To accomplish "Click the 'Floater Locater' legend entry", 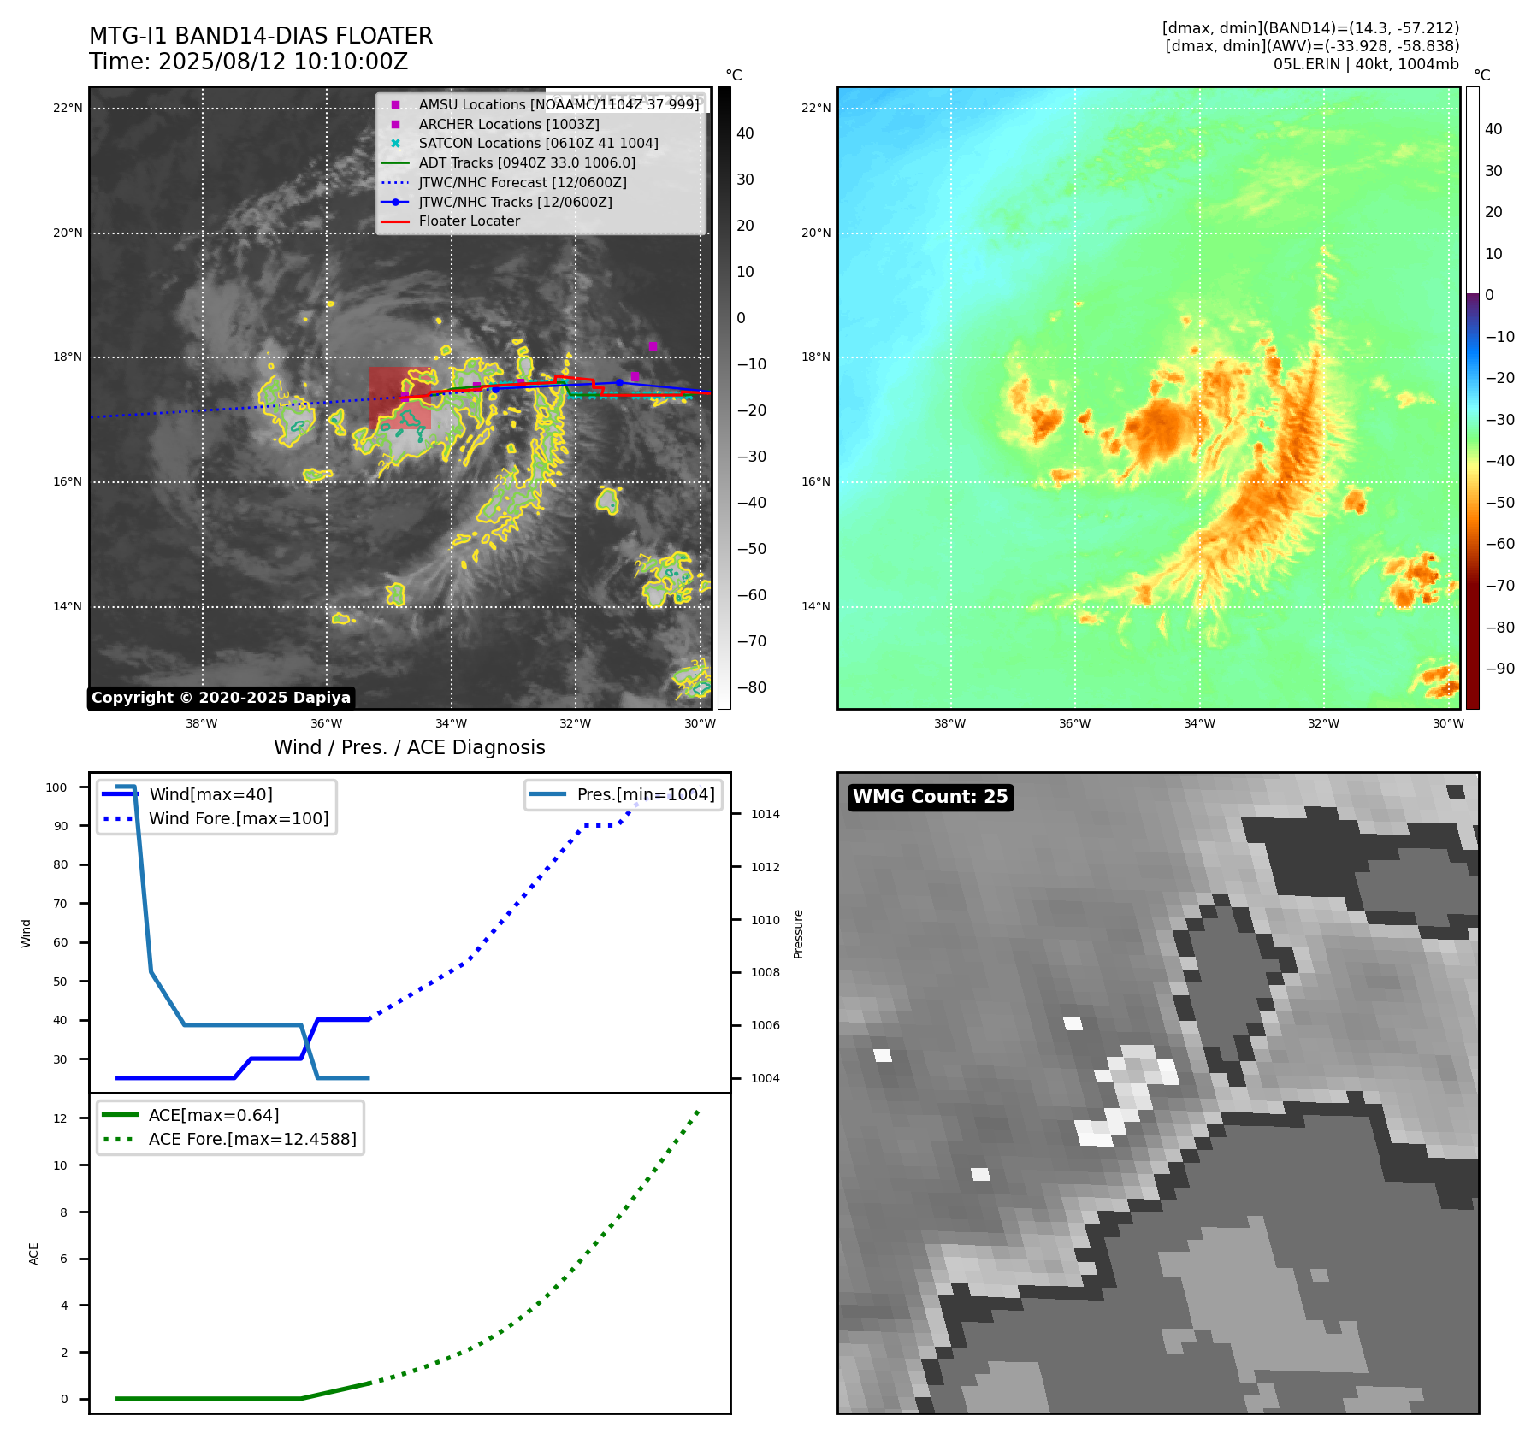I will coord(469,221).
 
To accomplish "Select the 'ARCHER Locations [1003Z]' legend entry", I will coord(508,124).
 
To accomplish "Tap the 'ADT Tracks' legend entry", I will coord(526,162).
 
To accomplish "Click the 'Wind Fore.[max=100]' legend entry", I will coord(238,818).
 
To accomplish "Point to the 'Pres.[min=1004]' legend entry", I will coord(645,794).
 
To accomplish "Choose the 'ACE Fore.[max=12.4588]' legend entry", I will coord(251,1139).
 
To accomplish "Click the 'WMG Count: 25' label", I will coord(930,797).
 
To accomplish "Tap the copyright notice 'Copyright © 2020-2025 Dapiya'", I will coord(221,698).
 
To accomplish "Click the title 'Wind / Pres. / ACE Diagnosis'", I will coord(409,747).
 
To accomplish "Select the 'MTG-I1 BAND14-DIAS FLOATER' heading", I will coord(261,36).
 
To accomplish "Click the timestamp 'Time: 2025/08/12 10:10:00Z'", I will coord(248,62).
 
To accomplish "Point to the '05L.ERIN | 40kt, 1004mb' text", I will coord(1366,64).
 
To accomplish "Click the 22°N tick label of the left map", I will coord(68,109).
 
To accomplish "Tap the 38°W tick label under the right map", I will coord(949,723).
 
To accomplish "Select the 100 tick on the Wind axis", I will coord(56,787).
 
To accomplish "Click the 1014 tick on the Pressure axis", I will coord(765,814).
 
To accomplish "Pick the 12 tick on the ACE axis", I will coord(60,1118).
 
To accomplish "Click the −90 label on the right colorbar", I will coord(1499,669).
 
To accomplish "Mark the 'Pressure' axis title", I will coord(798,934).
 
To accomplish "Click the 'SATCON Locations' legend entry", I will coord(538,144).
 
